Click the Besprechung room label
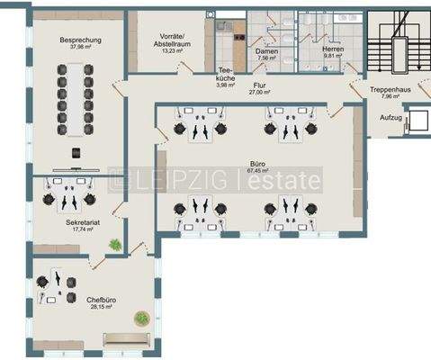pyautogui.click(x=79, y=40)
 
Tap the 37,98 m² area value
pyautogui.click(x=79, y=49)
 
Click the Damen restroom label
pyautogui.click(x=267, y=52)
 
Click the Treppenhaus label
pyautogui.click(x=391, y=90)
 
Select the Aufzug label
pyautogui.click(x=390, y=118)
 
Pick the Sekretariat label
pyautogui.click(x=82, y=221)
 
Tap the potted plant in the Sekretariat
pyautogui.click(x=114, y=244)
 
